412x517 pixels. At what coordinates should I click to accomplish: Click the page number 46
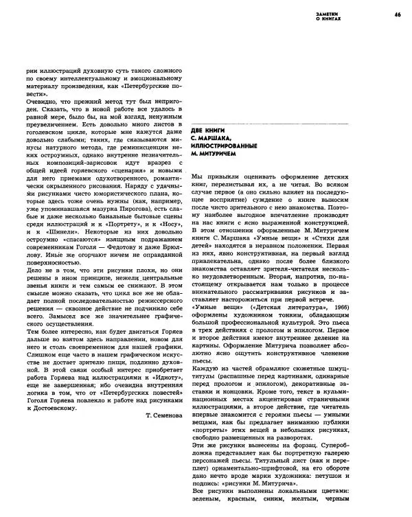point(398,14)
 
